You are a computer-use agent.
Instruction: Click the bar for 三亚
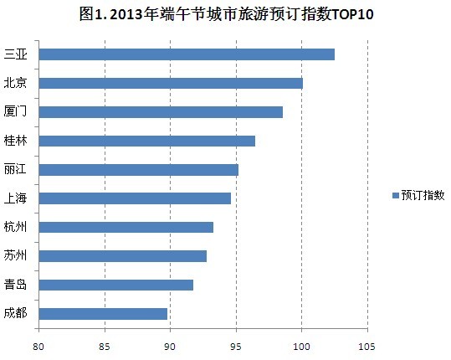[x=187, y=54]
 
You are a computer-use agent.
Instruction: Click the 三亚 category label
[x=15, y=54]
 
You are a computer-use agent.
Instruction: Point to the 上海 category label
[x=15, y=198]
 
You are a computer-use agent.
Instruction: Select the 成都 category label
[x=15, y=314]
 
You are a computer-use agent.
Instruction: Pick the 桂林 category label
[x=15, y=141]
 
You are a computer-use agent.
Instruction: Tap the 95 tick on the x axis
[x=236, y=343]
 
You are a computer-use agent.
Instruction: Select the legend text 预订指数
[x=423, y=195]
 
